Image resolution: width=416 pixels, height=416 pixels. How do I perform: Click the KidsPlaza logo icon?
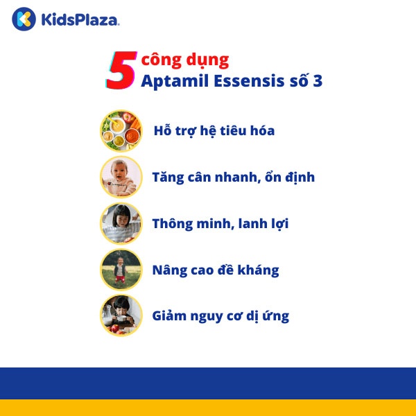point(24,19)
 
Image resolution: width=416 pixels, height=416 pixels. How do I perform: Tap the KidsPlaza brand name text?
point(80,19)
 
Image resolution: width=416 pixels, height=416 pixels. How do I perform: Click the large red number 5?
point(120,70)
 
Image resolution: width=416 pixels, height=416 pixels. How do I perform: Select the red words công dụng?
point(184,60)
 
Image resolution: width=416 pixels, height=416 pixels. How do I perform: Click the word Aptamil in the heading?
point(171,81)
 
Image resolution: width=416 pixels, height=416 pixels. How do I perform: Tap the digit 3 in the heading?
point(316,81)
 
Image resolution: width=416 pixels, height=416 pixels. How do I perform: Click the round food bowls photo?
point(121,130)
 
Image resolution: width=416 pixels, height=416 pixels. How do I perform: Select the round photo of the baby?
point(121,177)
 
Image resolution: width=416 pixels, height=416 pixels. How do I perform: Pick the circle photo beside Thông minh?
point(121,223)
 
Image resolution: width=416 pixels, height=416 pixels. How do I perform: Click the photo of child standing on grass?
point(121,270)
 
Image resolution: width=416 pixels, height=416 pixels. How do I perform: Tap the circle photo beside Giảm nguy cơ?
point(121,315)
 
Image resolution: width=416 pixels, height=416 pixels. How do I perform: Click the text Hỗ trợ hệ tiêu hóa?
point(214,130)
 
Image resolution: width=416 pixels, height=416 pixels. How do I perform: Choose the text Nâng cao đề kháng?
point(216,270)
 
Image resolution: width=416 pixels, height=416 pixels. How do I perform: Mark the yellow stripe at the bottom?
point(208,408)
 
